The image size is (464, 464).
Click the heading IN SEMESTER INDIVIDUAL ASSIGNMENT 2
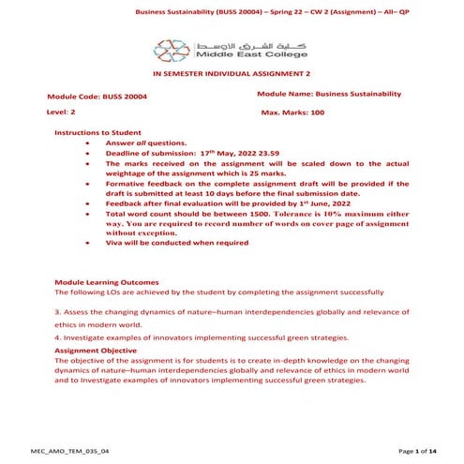[231, 82]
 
